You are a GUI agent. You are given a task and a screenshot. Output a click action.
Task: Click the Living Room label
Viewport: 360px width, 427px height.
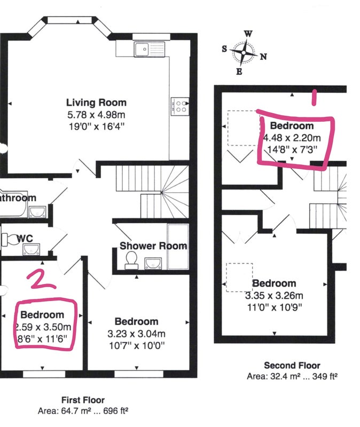(97, 102)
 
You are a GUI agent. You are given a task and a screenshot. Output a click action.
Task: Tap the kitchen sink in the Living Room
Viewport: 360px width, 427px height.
(150, 49)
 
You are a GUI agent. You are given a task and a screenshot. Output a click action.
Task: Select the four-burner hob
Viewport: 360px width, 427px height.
(180, 106)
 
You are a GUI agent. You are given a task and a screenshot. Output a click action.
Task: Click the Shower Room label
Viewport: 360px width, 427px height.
(153, 246)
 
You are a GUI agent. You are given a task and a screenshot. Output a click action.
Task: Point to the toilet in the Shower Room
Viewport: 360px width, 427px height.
(131, 260)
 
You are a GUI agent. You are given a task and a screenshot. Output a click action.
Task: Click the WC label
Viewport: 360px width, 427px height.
(25, 239)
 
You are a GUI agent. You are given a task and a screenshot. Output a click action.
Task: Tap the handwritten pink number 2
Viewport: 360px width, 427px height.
(42, 279)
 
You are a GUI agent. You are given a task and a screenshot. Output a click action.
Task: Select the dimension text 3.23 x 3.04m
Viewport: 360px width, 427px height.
(137, 334)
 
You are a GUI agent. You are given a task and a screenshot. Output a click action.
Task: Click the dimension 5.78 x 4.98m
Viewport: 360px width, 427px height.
(97, 115)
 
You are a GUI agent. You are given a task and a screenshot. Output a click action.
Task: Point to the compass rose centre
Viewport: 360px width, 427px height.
(244, 52)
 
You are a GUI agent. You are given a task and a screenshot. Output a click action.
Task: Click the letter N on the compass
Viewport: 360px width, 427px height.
(263, 57)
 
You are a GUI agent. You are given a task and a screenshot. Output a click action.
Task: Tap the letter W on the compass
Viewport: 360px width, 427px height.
(248, 34)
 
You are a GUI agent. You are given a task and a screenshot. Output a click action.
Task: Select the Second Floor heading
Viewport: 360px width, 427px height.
(292, 365)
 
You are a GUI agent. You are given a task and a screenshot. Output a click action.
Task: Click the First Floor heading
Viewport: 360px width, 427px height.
(83, 400)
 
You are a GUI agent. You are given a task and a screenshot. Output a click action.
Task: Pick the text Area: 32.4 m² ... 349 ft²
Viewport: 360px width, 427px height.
(292, 376)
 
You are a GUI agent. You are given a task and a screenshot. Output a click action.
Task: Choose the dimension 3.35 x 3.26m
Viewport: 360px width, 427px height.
(274, 296)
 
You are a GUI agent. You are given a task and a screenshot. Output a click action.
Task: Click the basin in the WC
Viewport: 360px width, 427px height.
(32, 249)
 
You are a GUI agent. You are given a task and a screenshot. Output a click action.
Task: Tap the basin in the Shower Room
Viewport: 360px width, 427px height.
(153, 264)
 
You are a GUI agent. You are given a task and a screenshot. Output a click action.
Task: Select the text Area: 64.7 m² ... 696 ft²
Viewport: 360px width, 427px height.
(83, 411)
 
